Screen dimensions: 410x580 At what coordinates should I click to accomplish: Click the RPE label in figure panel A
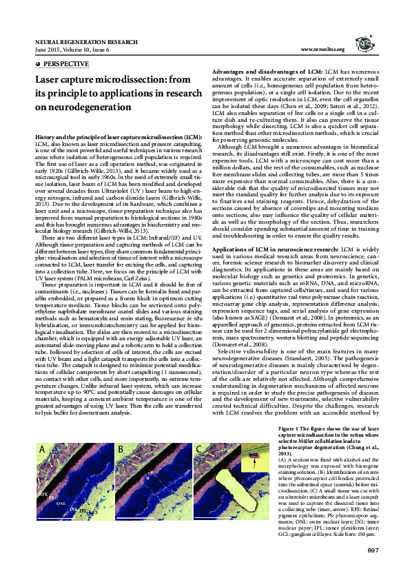43,514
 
